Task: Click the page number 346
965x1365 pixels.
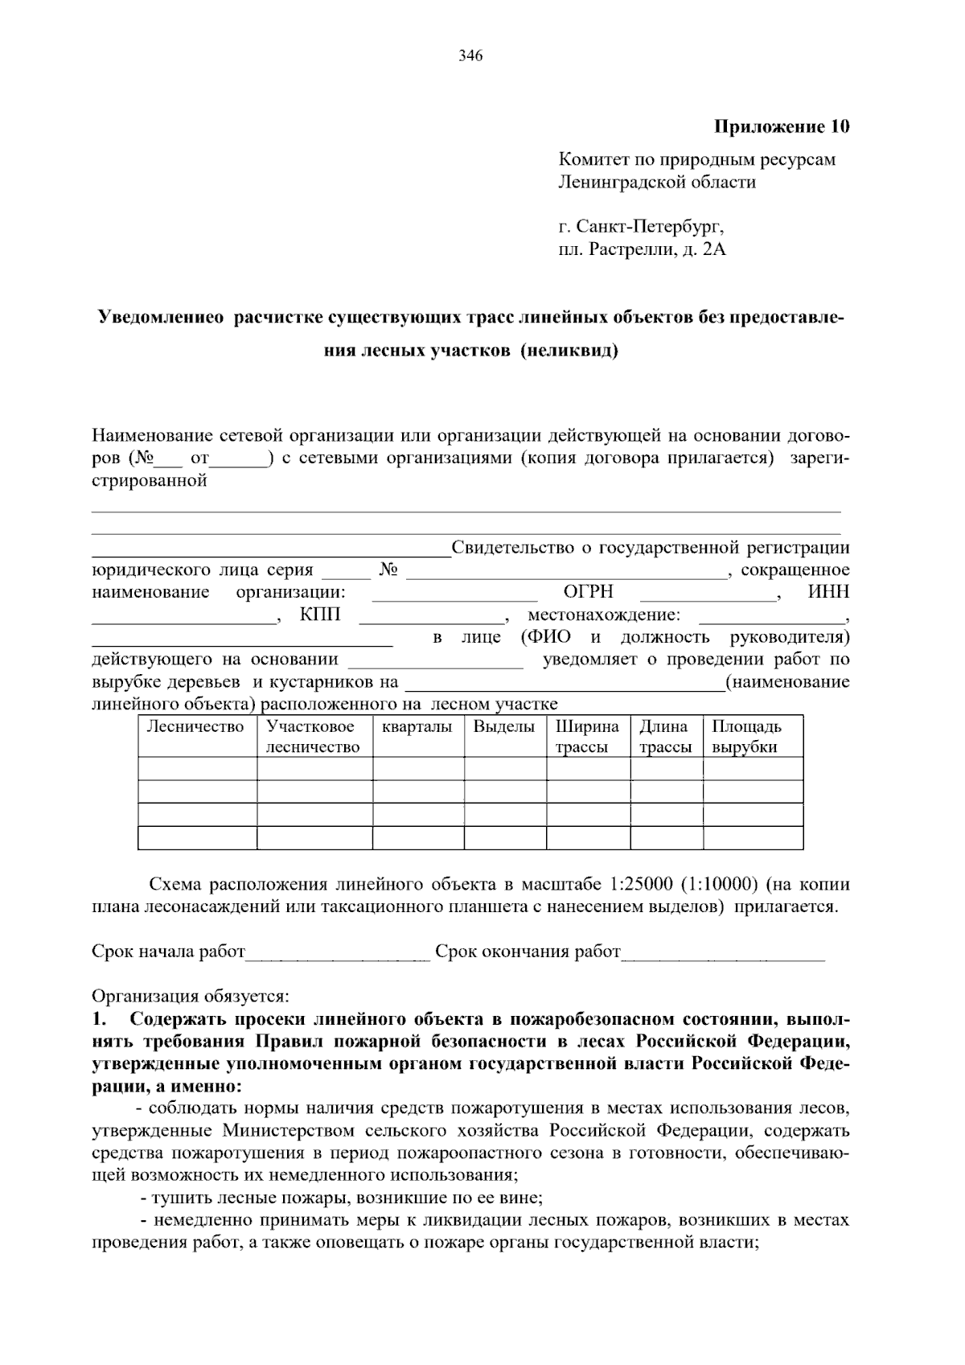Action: (470, 56)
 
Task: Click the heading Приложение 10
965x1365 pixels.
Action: (782, 127)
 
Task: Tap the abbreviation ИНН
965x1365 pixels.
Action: (829, 592)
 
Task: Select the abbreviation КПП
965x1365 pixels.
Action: (320, 615)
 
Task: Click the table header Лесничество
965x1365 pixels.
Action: (195, 727)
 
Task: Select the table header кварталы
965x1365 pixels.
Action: (417, 727)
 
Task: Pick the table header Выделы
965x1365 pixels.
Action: (504, 727)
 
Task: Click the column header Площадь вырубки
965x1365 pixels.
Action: (746, 737)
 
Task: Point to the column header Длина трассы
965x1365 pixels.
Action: (665, 737)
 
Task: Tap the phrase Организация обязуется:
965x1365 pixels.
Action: (190, 997)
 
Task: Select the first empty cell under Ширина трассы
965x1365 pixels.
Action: (588, 768)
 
